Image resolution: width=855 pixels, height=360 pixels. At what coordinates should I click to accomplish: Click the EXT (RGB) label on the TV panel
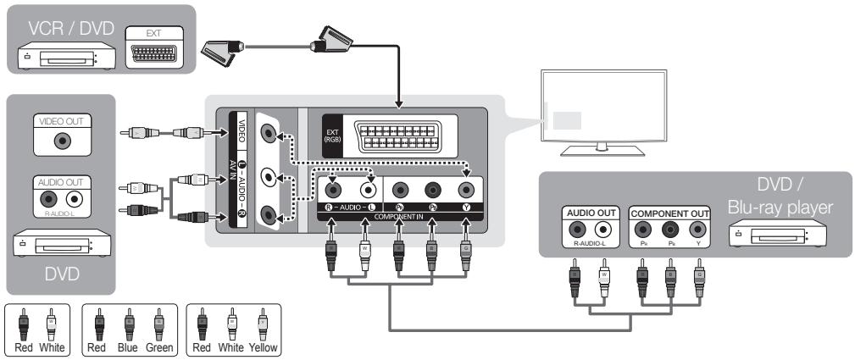(330, 136)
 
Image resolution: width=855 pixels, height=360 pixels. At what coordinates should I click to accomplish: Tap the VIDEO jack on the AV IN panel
(269, 132)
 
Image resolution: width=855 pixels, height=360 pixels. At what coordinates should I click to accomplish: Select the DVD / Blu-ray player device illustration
(768, 233)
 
